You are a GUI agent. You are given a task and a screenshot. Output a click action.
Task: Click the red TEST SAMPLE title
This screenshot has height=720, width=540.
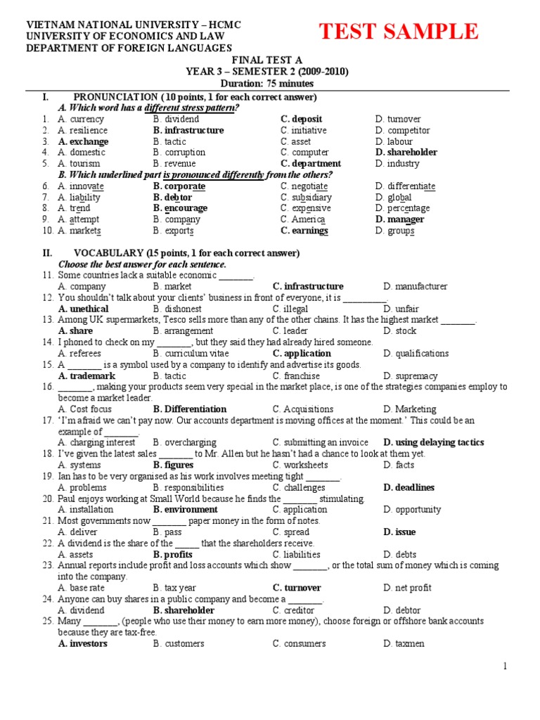(x=399, y=32)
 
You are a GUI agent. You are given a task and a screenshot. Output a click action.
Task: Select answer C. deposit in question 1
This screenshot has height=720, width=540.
(x=302, y=120)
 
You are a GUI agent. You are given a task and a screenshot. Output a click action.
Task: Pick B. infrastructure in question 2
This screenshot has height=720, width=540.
(x=188, y=131)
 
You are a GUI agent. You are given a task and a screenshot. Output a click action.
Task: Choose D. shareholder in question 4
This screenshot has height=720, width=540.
(x=406, y=153)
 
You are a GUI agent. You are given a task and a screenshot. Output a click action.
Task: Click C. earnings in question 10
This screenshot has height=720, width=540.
(x=304, y=231)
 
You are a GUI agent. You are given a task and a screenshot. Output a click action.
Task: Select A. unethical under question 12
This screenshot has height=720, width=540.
(x=84, y=309)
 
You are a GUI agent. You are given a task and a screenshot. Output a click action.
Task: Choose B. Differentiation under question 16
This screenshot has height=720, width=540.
(x=190, y=409)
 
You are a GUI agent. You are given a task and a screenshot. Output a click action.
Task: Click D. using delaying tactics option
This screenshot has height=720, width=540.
(x=434, y=442)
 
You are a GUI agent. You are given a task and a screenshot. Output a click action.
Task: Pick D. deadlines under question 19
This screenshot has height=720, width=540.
(x=409, y=487)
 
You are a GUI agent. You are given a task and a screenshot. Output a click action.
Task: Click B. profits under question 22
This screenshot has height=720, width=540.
(x=173, y=555)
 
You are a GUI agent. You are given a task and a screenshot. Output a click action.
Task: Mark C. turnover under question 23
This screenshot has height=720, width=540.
(x=297, y=588)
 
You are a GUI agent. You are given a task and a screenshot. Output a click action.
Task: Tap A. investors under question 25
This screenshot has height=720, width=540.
(x=83, y=643)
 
